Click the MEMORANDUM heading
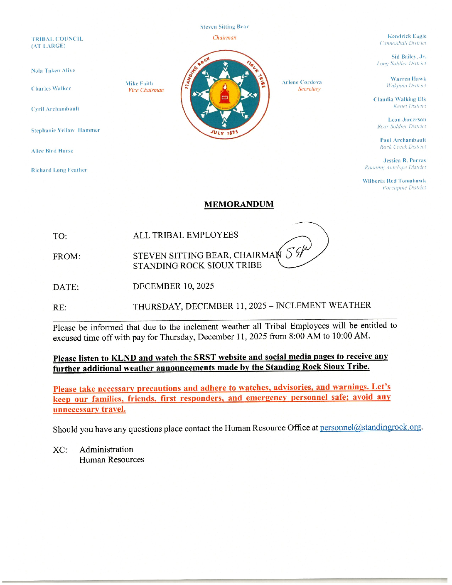pyautogui.click(x=239, y=204)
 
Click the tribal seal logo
pyautogui.click(x=225, y=94)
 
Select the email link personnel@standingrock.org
pyautogui.click(x=371, y=427)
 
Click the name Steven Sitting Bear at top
pyautogui.click(x=224, y=27)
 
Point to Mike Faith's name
pyautogui.click(x=140, y=84)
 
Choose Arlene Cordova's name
pyautogui.click(x=302, y=82)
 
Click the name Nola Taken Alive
pyautogui.click(x=53, y=71)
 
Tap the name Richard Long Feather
pyautogui.click(x=59, y=170)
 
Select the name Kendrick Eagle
pyautogui.click(x=407, y=36)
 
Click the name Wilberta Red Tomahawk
pyautogui.click(x=394, y=181)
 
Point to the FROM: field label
pyautogui.click(x=66, y=257)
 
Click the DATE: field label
pyautogui.click(x=66, y=287)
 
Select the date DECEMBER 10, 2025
pyautogui.click(x=173, y=286)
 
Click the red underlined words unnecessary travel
pyautogui.click(x=89, y=409)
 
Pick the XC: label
pyautogui.click(x=60, y=450)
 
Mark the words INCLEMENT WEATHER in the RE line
pyautogui.click(x=323, y=305)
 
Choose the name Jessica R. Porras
pyautogui.click(x=404, y=160)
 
